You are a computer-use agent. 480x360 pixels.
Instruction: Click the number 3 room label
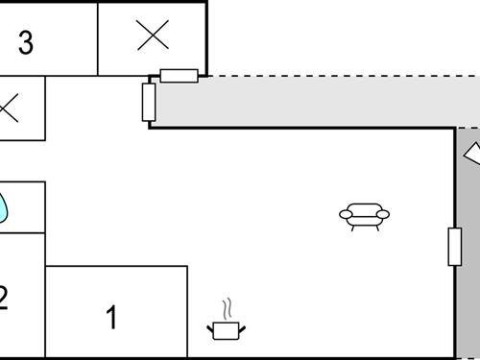26,43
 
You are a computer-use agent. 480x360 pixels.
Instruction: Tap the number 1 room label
111,316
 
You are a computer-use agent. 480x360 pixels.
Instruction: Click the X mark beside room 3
153,36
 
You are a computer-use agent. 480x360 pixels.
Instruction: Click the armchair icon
364,216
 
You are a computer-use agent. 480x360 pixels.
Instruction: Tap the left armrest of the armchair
346,214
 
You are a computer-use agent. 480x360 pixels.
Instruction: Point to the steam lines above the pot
228,309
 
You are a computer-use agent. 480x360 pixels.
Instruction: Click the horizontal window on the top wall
179,76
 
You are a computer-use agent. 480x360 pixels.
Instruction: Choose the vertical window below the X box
149,102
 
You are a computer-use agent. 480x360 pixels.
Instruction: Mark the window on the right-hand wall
454,246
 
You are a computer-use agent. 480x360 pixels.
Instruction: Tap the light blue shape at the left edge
3,206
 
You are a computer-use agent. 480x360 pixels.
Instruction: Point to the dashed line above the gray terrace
336,76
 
